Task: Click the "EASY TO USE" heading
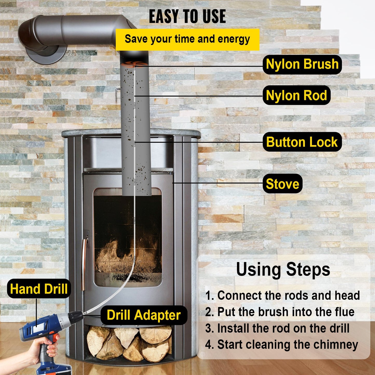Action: [x=187, y=17]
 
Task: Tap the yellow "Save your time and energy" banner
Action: [x=187, y=39]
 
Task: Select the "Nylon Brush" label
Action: [x=302, y=64]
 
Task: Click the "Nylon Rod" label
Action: [x=296, y=95]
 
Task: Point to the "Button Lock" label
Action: [x=302, y=142]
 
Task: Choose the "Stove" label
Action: [x=282, y=184]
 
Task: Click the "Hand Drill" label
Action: [x=39, y=289]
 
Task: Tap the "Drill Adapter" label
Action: [x=144, y=315]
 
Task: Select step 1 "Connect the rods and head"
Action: [x=283, y=296]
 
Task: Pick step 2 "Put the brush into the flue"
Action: [x=280, y=312]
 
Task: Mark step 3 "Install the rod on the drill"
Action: [x=277, y=328]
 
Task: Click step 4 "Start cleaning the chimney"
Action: [x=282, y=345]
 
